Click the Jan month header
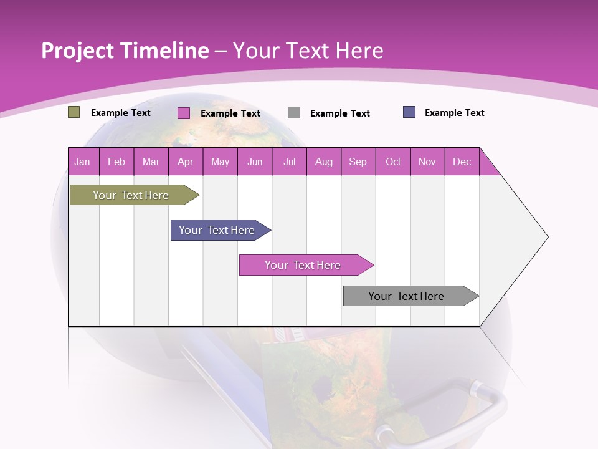tap(82, 162)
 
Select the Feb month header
tap(116, 162)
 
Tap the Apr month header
tap(185, 162)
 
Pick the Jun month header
tap(255, 162)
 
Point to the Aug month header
tap(323, 162)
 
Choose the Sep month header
tap(358, 162)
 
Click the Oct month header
tap(393, 162)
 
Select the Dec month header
tap(462, 162)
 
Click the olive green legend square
tap(74, 112)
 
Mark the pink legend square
tap(183, 113)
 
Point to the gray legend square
tap(294, 113)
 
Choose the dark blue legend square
tap(409, 112)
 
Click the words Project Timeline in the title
tap(125, 51)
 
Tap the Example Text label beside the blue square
tap(454, 113)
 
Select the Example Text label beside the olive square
tap(121, 113)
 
